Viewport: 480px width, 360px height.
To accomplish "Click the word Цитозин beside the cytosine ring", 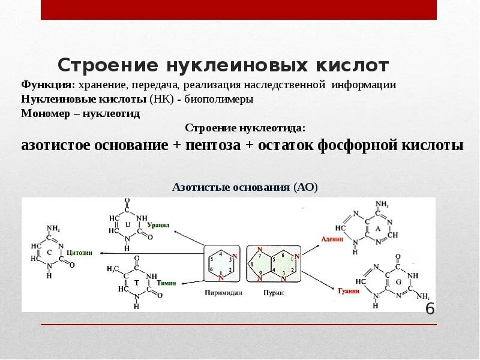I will coord(79,253).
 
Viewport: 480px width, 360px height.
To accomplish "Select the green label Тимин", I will coord(166,283).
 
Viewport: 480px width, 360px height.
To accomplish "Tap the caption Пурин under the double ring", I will coord(274,293).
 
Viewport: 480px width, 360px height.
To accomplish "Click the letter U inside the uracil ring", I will coord(127,224).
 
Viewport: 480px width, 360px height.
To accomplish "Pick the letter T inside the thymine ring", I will coord(136,282).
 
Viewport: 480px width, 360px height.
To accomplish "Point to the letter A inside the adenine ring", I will coord(377,229).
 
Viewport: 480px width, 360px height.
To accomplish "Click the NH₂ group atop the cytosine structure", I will coord(53,228).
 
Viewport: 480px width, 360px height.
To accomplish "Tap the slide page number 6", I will coord(430,309).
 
